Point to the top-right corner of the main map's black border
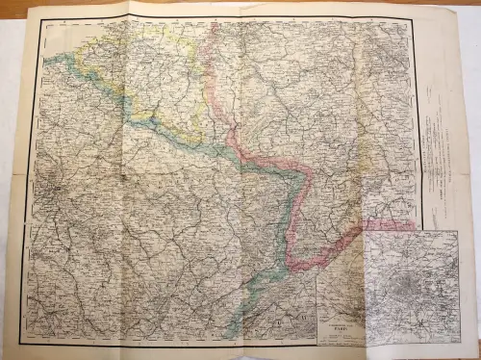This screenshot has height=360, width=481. tap(414, 18)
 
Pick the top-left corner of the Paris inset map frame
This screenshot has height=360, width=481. tap(365, 232)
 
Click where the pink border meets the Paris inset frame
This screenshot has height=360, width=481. tap(365, 236)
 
